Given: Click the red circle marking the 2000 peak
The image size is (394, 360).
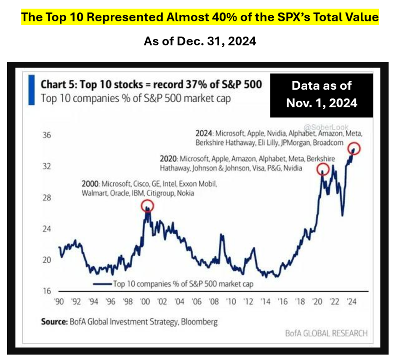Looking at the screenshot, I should click(147, 205).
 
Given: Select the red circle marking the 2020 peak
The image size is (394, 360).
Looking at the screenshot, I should click(323, 169).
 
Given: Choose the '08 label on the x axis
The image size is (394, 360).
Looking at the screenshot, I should click(213, 302).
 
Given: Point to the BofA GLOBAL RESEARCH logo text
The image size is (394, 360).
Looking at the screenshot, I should click(326, 333).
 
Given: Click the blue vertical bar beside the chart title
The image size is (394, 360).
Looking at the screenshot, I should click(29, 90).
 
